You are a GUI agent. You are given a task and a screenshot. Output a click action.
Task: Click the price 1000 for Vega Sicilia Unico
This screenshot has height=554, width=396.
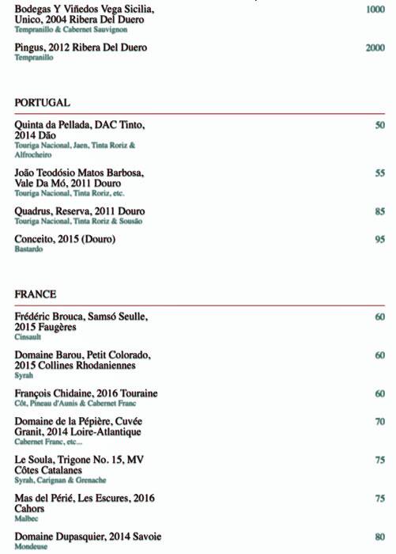point(375,9)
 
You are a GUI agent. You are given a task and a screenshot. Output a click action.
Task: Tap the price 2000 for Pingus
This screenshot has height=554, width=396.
point(375,48)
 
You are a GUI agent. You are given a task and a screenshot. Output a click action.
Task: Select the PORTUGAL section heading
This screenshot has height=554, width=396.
point(43,103)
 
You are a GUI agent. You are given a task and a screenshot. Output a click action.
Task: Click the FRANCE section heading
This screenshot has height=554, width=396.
point(36,294)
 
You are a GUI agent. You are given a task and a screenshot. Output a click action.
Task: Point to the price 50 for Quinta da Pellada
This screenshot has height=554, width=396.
point(380,126)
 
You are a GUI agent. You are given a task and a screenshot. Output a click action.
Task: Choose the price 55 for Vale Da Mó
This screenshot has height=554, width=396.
point(380,173)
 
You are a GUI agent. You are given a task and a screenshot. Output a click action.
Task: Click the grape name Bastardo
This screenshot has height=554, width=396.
point(28,249)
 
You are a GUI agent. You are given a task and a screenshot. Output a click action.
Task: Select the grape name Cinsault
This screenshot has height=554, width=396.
point(28,336)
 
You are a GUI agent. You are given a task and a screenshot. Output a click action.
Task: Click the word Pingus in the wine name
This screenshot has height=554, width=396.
point(32,48)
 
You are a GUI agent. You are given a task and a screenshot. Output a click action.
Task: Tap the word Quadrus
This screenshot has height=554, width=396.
point(36,212)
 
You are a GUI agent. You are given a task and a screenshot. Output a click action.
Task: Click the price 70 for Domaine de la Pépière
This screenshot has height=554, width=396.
point(380,423)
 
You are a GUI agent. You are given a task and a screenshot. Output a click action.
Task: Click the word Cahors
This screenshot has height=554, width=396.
point(31,510)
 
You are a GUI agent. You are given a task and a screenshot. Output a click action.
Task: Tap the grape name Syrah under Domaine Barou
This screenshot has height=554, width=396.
point(24,375)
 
